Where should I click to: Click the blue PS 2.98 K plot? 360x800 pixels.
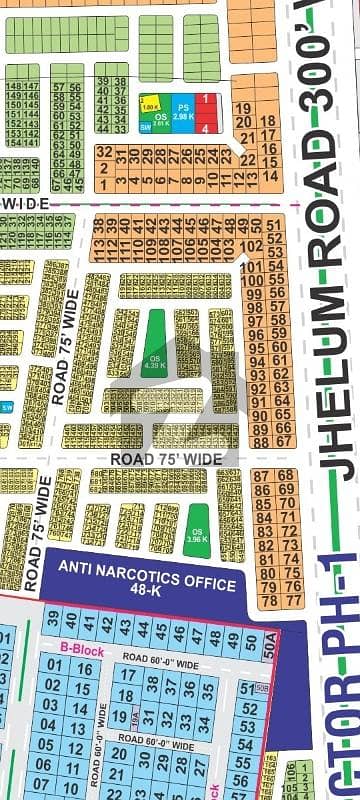click(182, 112)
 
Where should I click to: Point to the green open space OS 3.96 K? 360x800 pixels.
click(196, 523)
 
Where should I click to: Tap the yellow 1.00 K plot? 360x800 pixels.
click(151, 104)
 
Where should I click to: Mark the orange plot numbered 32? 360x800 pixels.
click(104, 150)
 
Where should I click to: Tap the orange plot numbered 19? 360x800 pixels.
click(243, 108)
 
